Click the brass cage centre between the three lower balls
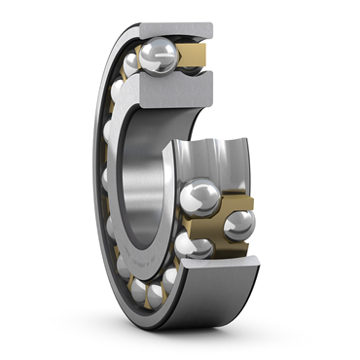click(x=216, y=224)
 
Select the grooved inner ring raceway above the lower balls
click(x=209, y=161)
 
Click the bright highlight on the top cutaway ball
click(x=153, y=49)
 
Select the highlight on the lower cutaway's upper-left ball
click(x=195, y=193)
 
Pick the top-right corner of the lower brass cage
click(x=250, y=198)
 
